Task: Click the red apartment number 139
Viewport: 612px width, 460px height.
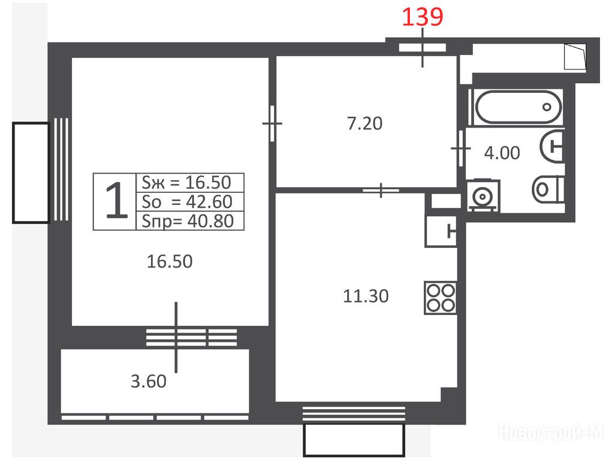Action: click(x=423, y=17)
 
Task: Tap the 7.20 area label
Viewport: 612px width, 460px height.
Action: click(x=364, y=123)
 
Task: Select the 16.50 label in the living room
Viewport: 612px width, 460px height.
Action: click(x=170, y=261)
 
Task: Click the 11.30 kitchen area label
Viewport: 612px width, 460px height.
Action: click(x=366, y=296)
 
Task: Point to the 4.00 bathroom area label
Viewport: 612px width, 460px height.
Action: click(x=502, y=153)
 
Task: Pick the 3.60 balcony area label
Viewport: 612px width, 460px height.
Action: click(x=148, y=381)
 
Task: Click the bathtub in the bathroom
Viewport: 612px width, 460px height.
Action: click(x=518, y=107)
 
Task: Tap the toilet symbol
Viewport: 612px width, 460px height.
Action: click(x=548, y=189)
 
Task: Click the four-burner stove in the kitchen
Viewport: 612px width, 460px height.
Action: click(x=441, y=298)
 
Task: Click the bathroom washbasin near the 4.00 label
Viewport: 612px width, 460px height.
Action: click(x=552, y=146)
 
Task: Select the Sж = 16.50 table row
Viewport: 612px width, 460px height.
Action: click(x=189, y=182)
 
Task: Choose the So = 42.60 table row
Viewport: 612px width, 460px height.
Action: click(x=189, y=201)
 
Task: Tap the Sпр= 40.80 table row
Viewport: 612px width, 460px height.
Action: click(x=189, y=220)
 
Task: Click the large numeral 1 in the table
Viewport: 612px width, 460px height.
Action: click(x=116, y=201)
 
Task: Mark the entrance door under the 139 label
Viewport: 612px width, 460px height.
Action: click(x=423, y=47)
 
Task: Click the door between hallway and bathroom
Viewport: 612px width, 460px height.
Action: click(x=460, y=149)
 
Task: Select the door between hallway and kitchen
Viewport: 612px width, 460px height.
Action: click(x=381, y=190)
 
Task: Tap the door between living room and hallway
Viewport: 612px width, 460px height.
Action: click(x=272, y=123)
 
